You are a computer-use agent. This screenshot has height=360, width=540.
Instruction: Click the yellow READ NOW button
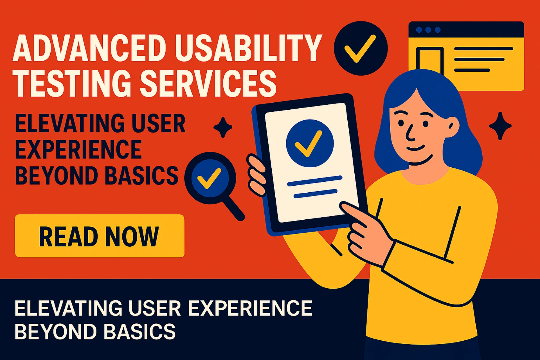pos(100,236)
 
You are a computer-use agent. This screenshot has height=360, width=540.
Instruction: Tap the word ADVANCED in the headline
pos(89,48)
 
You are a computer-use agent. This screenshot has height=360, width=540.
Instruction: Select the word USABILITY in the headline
pos(249,48)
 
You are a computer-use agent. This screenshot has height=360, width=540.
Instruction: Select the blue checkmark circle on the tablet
pos(310,143)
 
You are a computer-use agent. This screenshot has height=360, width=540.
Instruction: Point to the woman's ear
pos(451,127)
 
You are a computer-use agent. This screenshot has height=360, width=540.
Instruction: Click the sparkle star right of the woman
pos(500,126)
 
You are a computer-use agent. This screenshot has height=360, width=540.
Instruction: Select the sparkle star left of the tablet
pos(223,127)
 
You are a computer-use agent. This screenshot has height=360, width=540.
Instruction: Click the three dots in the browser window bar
pos(428,30)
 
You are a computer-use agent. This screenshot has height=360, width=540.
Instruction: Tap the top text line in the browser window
pos(483,49)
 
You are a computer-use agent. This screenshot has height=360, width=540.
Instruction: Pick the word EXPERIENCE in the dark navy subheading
pos(78,149)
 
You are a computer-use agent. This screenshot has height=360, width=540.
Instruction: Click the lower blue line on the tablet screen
pos(315,193)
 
